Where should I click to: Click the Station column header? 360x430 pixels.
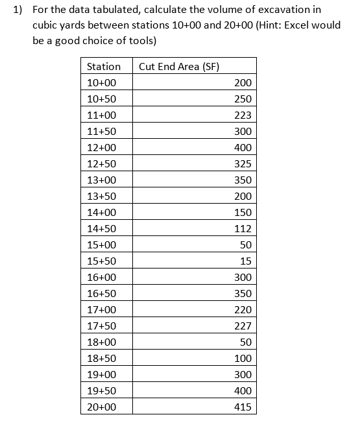(104, 66)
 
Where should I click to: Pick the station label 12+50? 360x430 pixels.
(101, 163)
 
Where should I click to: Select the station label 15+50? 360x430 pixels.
(101, 261)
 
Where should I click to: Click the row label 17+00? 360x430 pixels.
(101, 309)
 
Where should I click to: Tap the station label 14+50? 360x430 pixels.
(101, 228)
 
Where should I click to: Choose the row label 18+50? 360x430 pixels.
(101, 358)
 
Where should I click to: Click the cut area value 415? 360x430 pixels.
(243, 407)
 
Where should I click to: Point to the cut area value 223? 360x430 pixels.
(243, 115)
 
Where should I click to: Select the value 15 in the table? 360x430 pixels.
(245, 261)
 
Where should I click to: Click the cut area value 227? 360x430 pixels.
(243, 326)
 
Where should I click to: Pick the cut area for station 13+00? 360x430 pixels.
(243, 180)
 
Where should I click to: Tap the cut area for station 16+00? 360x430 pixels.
(243, 277)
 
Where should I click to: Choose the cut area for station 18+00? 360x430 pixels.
(245, 342)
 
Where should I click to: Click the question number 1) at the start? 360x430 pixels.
(18, 10)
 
